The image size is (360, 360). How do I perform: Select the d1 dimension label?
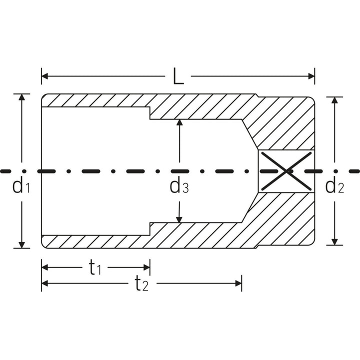[x=21, y=186]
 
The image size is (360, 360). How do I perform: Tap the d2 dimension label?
[x=334, y=186]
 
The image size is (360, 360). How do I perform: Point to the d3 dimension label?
[x=178, y=186]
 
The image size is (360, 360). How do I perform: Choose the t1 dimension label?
[x=95, y=268]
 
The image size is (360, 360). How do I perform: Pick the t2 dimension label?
[x=141, y=284]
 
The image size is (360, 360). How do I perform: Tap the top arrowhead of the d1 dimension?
[x=21, y=97]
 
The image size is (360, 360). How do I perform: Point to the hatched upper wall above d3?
[x=200, y=106]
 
